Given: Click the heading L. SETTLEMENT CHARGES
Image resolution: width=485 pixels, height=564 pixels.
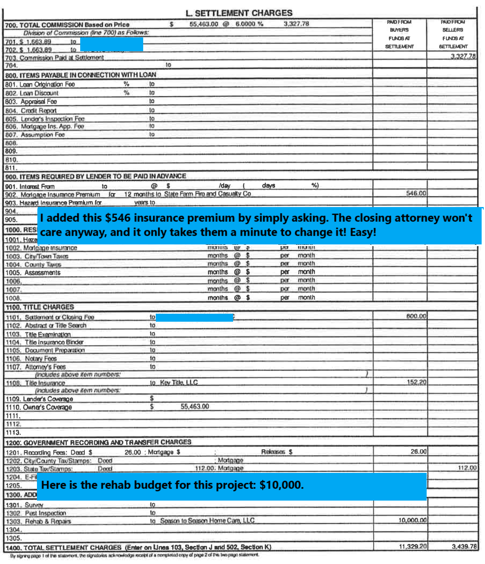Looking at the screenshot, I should [239, 13].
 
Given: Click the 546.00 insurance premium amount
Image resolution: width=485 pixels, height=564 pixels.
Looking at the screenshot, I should [416, 193].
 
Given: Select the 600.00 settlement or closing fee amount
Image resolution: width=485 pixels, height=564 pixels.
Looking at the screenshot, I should [416, 316].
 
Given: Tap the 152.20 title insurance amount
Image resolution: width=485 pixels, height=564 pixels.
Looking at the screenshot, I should [416, 382].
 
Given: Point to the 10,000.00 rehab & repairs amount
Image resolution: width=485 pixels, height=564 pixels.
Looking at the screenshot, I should [412, 520].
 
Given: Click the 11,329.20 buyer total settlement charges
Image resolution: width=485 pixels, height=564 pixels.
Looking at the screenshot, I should [412, 546].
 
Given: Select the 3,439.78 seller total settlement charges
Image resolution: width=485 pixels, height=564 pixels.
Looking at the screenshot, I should [464, 546].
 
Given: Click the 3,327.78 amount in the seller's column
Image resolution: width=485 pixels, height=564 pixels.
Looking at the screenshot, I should [463, 56].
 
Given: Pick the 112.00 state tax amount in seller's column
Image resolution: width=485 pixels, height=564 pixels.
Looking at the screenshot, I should [467, 468].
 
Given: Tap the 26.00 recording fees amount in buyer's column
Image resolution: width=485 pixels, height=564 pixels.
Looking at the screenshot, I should [418, 451].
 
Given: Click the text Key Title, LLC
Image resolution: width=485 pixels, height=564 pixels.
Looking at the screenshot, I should [179, 383].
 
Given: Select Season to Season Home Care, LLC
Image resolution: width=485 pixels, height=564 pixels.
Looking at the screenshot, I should [207, 521].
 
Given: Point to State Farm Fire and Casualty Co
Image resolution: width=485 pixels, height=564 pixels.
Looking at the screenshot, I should [207, 194].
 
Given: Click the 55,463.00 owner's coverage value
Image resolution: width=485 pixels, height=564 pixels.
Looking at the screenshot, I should [194, 407].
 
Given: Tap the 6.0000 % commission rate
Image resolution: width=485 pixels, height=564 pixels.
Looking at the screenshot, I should [249, 24].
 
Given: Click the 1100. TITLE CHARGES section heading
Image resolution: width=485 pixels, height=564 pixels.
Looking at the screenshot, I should [40, 307].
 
